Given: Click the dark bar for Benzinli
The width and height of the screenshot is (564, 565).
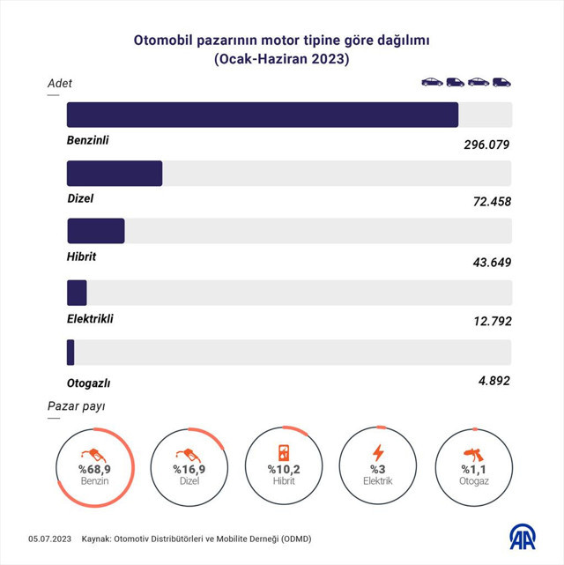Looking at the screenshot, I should pos(263,115).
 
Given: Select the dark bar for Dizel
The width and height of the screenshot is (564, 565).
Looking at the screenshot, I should pos(115,174).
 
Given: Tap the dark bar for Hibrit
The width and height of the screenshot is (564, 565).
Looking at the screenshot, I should pos(96,231).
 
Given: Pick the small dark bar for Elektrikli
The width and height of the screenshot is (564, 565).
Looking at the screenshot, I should pos(77,293).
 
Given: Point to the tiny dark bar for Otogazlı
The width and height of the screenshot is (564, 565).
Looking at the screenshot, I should pos(70,353).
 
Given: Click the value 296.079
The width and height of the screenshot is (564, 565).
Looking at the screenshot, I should pos(487,145).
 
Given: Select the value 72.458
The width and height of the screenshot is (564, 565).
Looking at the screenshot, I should pos(493,202).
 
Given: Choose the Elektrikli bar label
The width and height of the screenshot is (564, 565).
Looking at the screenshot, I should pos(90,319).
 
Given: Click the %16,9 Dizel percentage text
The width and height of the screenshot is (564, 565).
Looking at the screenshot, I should pos(189,469).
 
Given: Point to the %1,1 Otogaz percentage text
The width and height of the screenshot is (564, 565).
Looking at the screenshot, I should pos(473,469).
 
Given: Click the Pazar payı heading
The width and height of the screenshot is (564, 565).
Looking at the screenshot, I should pos(76,407).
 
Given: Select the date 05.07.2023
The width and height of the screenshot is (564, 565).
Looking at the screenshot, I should pos(49,539).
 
